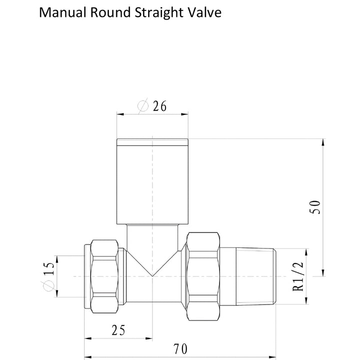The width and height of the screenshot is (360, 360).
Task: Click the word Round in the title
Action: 110,12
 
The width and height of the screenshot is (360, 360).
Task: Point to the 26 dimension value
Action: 159,106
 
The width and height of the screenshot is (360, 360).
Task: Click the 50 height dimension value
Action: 315,207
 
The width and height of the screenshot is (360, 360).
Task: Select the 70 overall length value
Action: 180,349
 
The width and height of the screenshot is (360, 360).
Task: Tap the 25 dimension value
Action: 118,330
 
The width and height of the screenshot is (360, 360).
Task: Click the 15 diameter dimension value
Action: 49,268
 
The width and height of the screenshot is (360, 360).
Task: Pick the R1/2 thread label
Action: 298,276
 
